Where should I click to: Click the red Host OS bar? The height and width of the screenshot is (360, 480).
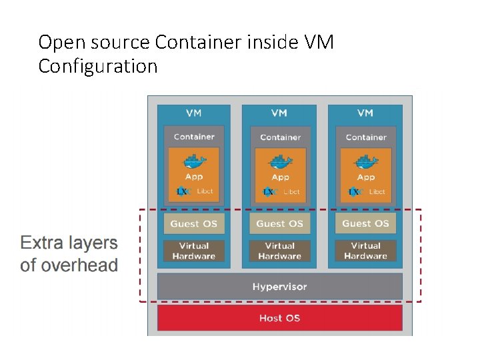tap(279, 318)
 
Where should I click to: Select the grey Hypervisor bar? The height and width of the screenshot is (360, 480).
tap(279, 287)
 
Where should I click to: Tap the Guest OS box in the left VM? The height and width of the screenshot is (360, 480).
tap(193, 223)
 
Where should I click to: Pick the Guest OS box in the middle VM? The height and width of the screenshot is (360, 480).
tap(279, 223)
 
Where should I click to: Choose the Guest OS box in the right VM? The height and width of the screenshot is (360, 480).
tap(365, 223)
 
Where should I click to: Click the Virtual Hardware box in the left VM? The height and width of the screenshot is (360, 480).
tap(193, 251)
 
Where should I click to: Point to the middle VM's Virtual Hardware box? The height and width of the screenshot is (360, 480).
tap(279, 251)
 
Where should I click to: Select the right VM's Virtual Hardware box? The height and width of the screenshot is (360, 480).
tap(365, 251)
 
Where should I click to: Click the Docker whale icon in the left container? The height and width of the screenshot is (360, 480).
tap(194, 162)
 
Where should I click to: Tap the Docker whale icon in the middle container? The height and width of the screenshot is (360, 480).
tap(280, 162)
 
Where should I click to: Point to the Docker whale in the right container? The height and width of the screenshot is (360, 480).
tap(365, 162)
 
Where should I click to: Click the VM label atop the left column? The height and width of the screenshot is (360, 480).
tap(193, 113)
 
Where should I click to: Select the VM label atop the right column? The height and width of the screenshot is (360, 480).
tap(365, 113)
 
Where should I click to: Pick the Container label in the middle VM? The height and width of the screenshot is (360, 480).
tap(280, 137)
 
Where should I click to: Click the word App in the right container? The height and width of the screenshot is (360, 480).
tap(366, 177)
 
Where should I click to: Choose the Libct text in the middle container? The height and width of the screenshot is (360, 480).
tap(292, 192)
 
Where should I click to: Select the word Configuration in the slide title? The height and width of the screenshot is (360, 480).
tap(98, 67)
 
